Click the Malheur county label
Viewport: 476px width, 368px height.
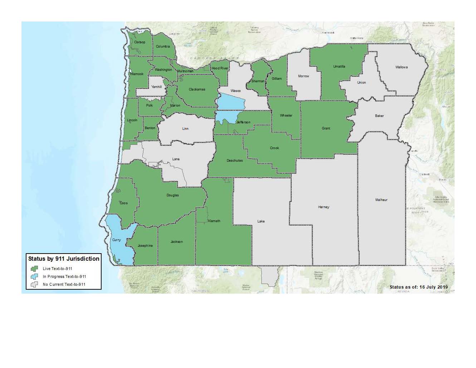tap(381, 200)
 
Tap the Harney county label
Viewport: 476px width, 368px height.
tap(324, 207)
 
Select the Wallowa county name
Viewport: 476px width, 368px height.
tap(401, 67)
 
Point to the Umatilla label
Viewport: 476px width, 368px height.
tap(339, 67)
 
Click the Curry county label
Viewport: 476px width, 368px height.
tap(117, 240)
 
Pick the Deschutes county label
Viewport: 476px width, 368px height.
tap(235, 161)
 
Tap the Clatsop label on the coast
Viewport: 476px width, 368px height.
tap(139, 42)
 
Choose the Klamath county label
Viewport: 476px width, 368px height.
tap(214, 221)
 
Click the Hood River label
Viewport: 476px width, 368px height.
tap(220, 68)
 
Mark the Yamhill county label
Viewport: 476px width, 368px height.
tap(156, 87)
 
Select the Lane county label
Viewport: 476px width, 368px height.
tap(176, 159)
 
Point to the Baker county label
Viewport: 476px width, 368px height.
tap(379, 116)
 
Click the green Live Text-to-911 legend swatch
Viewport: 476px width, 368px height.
tap(34, 269)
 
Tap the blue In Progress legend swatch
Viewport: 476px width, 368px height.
tap(34, 276)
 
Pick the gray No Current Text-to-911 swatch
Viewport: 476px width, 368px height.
tap(34, 285)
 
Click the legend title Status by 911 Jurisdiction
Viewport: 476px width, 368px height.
tap(64, 259)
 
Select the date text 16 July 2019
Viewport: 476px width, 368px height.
tap(433, 287)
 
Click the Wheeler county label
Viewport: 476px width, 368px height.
tap(286, 116)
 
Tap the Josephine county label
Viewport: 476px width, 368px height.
tap(145, 246)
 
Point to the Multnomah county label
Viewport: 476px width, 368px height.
tap(185, 71)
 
